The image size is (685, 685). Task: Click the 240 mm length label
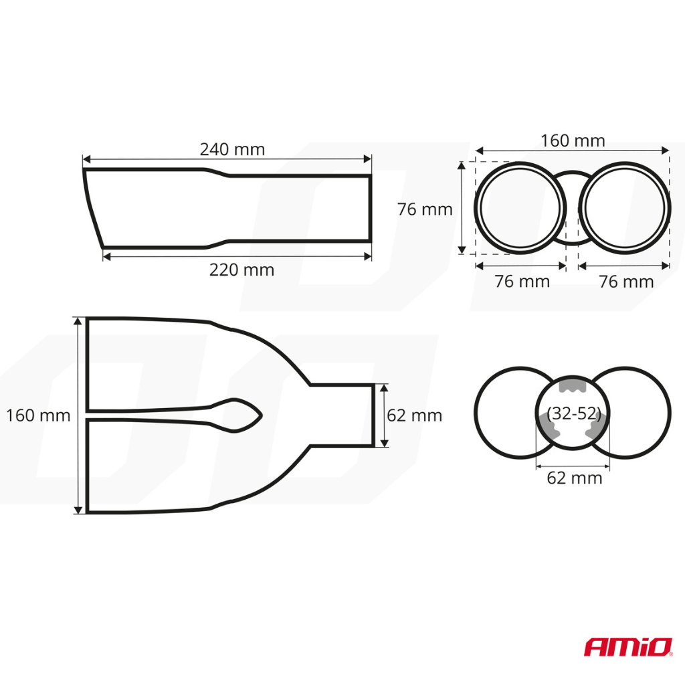(x=232, y=149)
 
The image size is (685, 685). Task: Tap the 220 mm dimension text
(x=241, y=270)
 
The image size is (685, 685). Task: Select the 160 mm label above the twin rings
(x=573, y=141)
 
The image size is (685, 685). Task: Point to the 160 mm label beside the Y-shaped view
(x=38, y=415)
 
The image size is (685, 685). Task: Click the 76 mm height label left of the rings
(x=425, y=209)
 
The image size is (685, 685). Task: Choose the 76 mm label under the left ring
(x=522, y=282)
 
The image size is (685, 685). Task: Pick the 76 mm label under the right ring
(x=626, y=282)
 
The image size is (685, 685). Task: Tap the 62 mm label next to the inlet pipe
(x=415, y=415)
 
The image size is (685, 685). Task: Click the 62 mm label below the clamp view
(x=575, y=478)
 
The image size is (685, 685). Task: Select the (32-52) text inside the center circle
(x=573, y=413)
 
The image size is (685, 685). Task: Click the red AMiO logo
(x=628, y=647)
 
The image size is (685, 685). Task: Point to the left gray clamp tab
(x=547, y=426)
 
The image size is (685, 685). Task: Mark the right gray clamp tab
(x=597, y=426)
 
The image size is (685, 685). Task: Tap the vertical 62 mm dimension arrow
(x=383, y=415)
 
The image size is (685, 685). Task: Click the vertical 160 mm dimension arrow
(x=79, y=415)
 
